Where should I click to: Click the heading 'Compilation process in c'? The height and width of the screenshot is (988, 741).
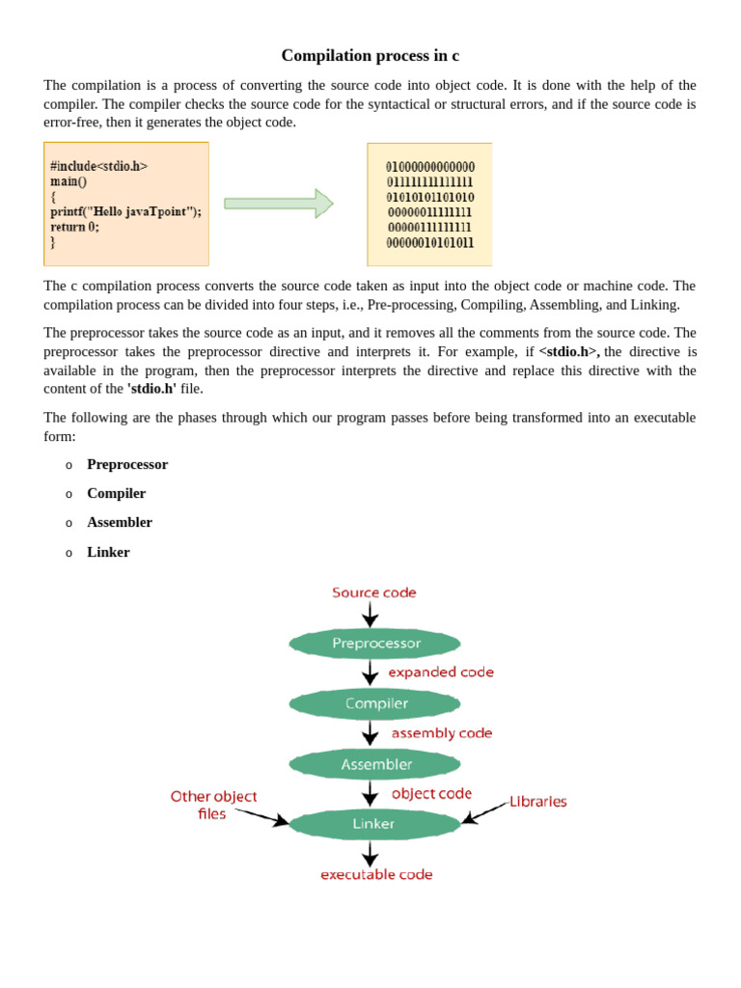[370, 56]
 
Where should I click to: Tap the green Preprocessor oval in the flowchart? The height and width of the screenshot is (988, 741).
[375, 644]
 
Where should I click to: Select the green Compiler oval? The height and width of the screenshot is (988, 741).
[375, 704]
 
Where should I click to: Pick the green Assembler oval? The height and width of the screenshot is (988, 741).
[375, 764]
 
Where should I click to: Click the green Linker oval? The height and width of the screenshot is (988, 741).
[374, 824]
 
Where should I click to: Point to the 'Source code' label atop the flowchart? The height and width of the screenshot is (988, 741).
[374, 592]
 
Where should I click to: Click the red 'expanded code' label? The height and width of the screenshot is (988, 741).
[441, 672]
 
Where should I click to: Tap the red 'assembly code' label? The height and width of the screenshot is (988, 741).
[442, 733]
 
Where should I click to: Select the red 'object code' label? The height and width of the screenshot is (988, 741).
[431, 793]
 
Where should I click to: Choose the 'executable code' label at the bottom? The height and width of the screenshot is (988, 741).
[376, 874]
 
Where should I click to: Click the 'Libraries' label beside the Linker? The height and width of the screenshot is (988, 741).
[538, 802]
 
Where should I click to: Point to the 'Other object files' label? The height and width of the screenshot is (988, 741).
[213, 805]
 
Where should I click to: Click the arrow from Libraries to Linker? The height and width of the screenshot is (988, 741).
[485, 811]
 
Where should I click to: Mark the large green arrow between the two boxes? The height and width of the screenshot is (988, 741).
[279, 204]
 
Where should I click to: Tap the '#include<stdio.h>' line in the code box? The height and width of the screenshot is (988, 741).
[99, 166]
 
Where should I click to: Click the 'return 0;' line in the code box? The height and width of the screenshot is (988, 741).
[74, 227]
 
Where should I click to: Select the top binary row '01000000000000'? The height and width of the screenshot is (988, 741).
[430, 167]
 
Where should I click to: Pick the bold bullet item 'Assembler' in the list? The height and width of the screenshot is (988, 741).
[120, 522]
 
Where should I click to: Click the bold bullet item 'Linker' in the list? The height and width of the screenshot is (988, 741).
[108, 552]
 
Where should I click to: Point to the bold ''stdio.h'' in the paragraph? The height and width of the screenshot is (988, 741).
[151, 389]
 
